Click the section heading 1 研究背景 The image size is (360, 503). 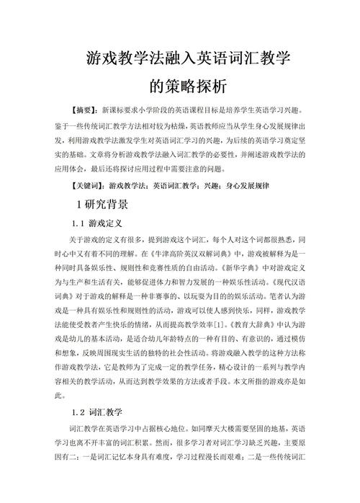[x=102, y=205]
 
